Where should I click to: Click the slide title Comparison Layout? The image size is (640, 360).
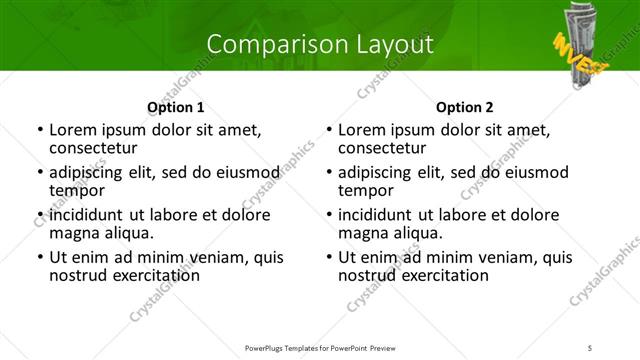(x=320, y=44)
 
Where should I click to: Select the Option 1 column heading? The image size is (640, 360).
(x=175, y=107)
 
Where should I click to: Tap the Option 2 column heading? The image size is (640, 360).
(x=464, y=107)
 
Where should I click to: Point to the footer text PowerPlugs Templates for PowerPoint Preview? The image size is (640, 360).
(x=319, y=348)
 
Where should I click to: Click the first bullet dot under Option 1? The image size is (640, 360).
(x=39, y=130)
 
